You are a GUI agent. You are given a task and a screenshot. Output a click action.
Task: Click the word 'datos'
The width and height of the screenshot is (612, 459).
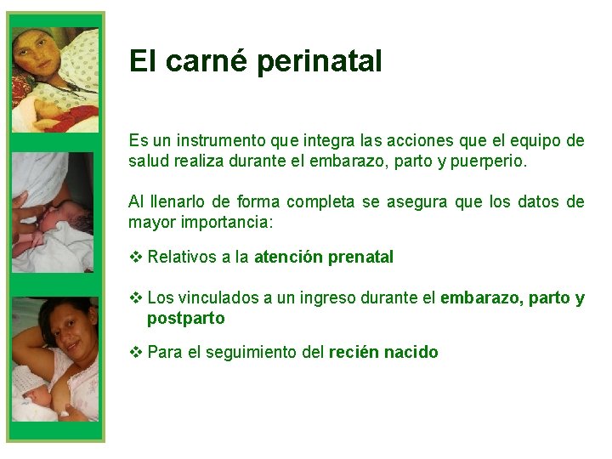[539, 201]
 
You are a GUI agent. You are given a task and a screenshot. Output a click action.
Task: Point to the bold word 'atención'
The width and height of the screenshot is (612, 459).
[286, 257]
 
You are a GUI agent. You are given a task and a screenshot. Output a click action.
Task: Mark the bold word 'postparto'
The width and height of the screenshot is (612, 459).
[186, 319]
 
